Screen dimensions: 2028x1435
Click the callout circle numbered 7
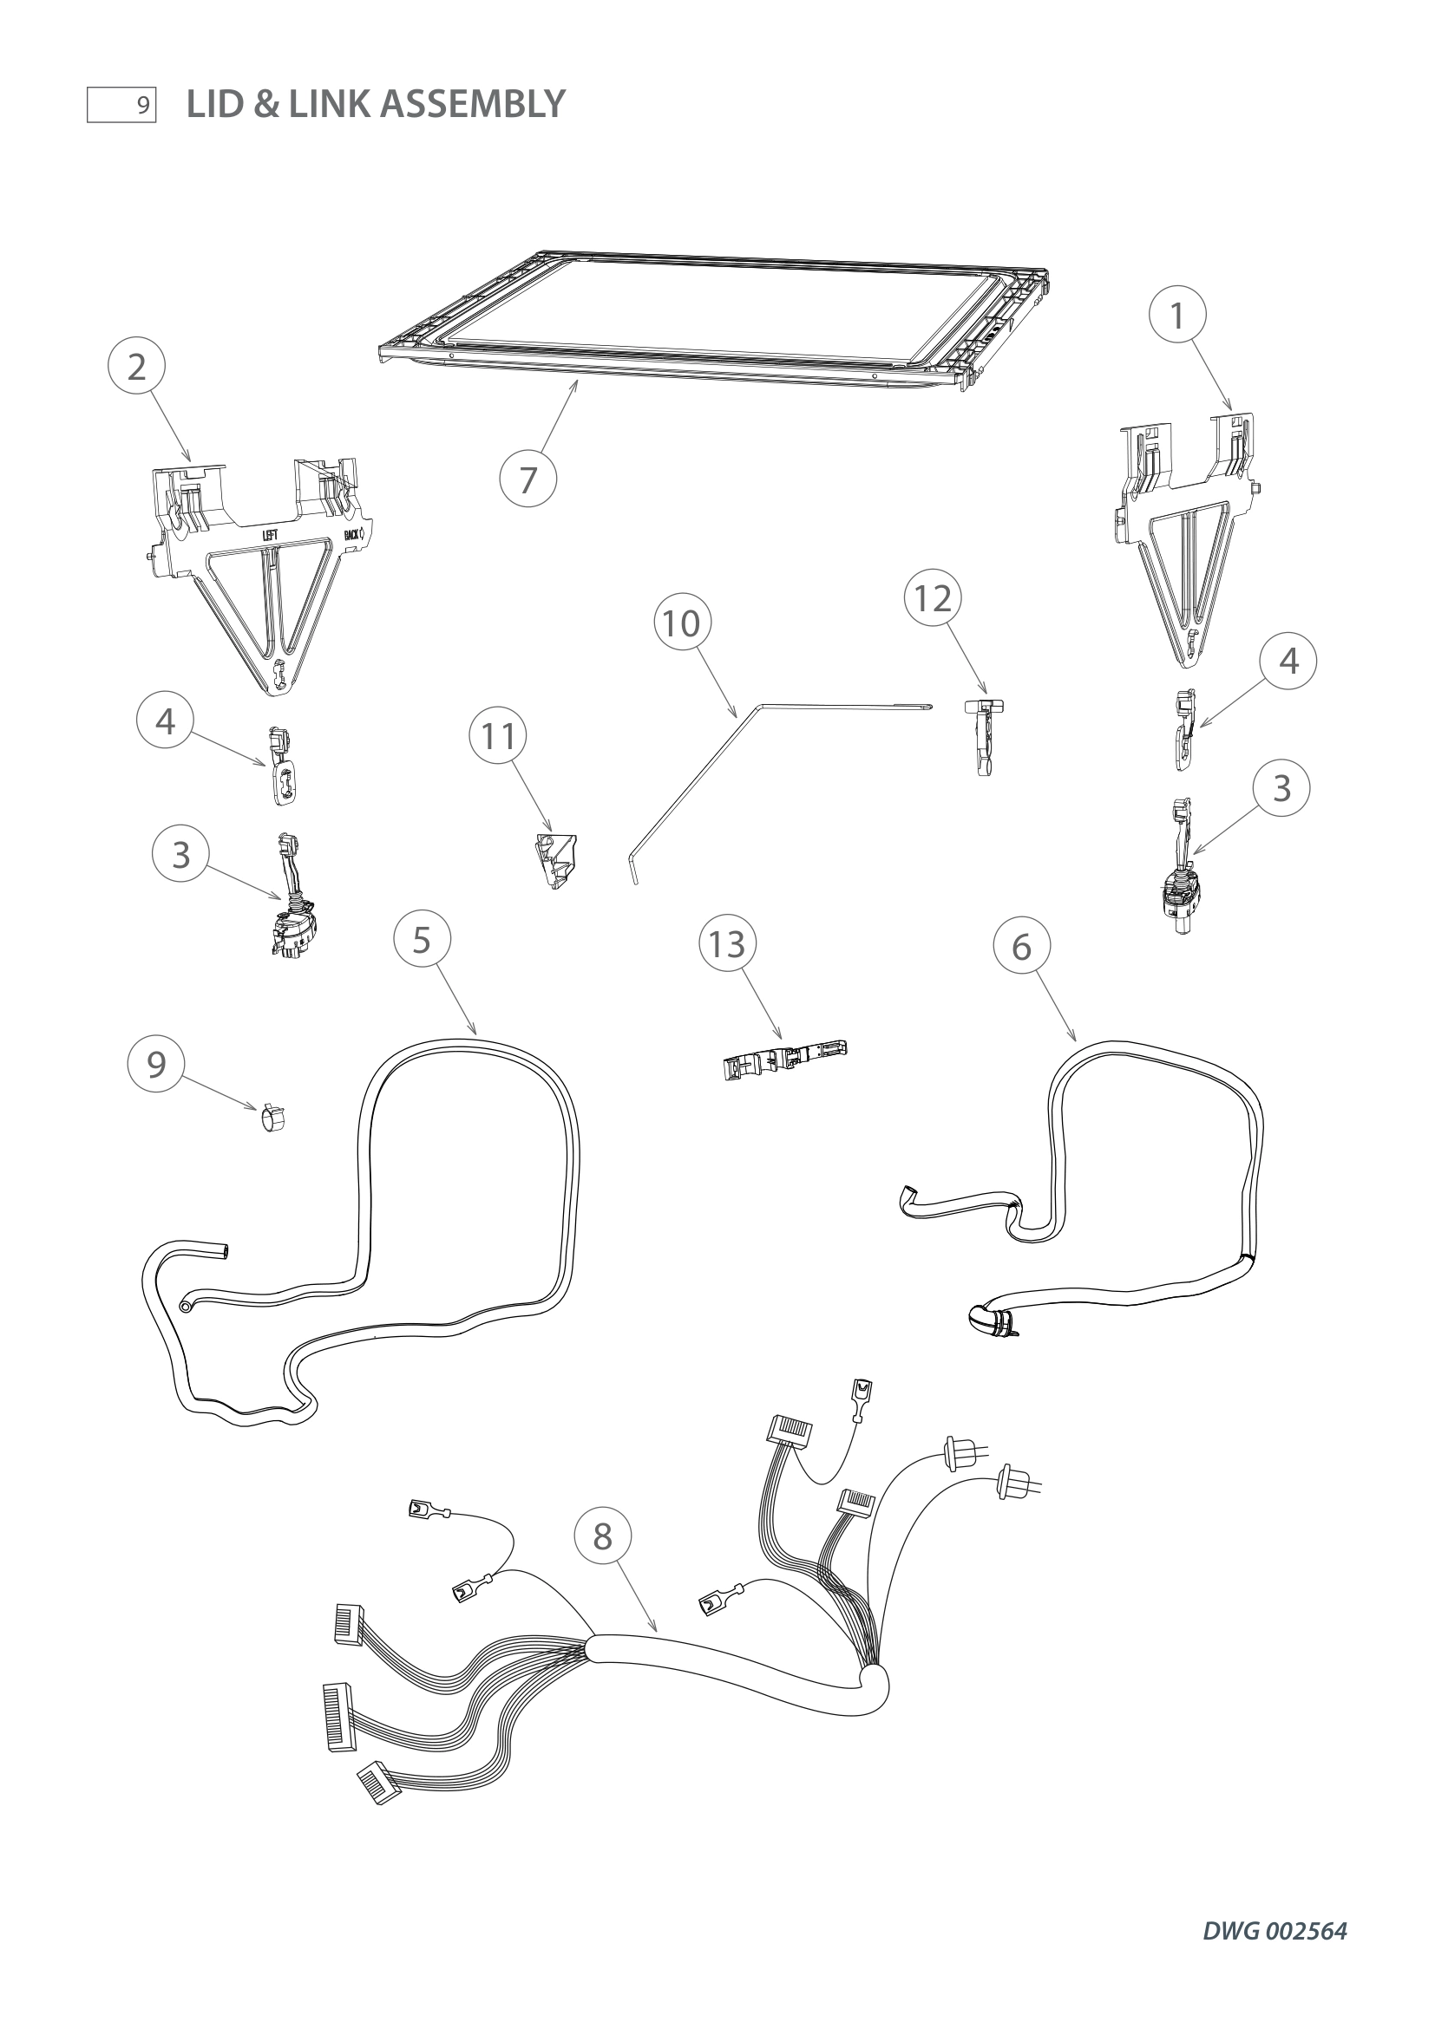coord(527,479)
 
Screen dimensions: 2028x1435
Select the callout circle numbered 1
coord(1177,316)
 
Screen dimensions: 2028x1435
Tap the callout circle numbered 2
coord(136,367)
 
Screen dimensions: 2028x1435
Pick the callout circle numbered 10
coord(681,623)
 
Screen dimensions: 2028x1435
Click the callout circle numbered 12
coord(934,599)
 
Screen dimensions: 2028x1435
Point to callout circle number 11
coord(498,735)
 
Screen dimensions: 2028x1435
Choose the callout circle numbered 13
coord(727,944)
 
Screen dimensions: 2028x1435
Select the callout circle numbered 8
coord(603,1537)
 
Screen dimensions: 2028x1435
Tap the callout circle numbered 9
coord(156,1065)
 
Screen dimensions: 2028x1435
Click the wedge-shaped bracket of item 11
coord(556,860)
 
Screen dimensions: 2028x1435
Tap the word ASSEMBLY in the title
coord(474,104)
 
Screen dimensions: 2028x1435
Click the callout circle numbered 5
coord(422,940)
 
